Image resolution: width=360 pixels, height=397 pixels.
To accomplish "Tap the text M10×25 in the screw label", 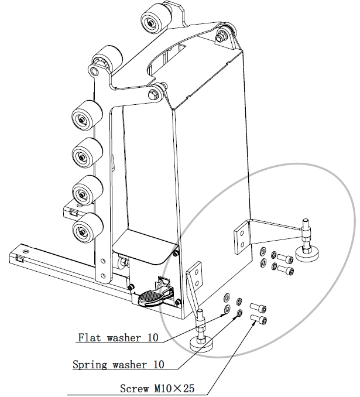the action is tap(174, 388).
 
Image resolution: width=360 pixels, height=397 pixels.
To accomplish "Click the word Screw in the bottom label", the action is tap(135, 388).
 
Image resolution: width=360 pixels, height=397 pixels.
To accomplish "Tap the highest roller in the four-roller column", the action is tap(87, 116).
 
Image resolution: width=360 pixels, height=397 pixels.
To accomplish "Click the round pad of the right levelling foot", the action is tap(307, 254).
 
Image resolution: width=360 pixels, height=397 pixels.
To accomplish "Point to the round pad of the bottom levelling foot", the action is tap(201, 344).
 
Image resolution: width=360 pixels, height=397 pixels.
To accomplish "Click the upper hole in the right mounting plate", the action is tap(242, 232).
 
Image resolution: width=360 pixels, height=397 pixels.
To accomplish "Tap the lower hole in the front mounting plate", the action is tap(196, 282).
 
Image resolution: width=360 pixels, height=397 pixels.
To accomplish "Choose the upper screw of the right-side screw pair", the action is tap(285, 258).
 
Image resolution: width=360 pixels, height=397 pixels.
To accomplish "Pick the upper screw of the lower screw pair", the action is tap(258, 307).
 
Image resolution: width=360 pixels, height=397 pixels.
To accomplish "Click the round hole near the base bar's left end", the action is tap(25, 252).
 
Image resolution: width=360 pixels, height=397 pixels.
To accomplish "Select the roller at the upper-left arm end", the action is tap(108, 58).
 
